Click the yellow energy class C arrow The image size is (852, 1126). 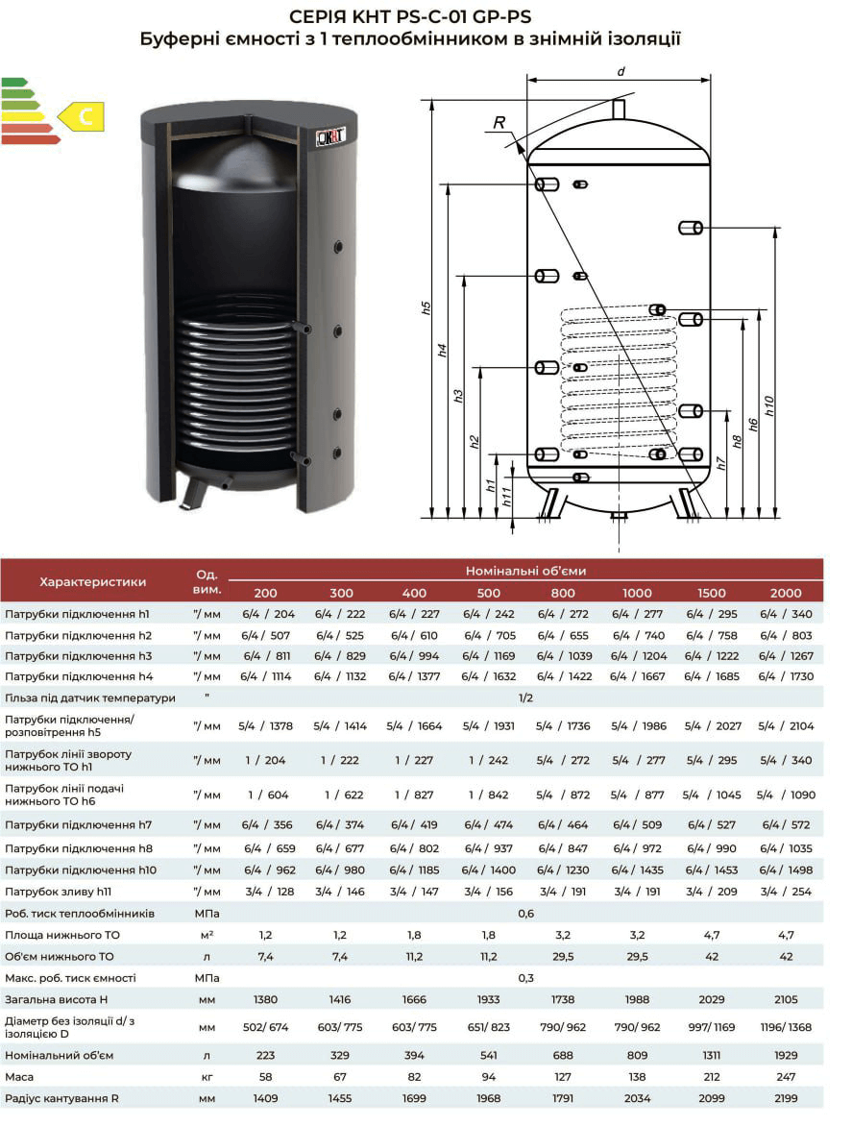(82, 117)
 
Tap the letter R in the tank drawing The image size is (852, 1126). (499, 122)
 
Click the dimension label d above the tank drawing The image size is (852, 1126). (621, 71)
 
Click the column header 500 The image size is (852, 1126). (488, 593)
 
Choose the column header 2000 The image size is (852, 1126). (785, 593)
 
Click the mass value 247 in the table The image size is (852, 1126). (785, 1077)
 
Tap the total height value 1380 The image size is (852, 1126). (266, 1000)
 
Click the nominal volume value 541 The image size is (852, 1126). (488, 1055)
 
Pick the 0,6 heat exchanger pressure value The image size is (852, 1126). (525, 914)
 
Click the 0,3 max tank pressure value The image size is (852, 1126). (525, 978)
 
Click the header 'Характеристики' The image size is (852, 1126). (92, 581)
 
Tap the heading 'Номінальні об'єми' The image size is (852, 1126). (525, 571)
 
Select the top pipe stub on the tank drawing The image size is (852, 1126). (619, 110)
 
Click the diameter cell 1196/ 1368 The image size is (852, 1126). (785, 1027)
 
